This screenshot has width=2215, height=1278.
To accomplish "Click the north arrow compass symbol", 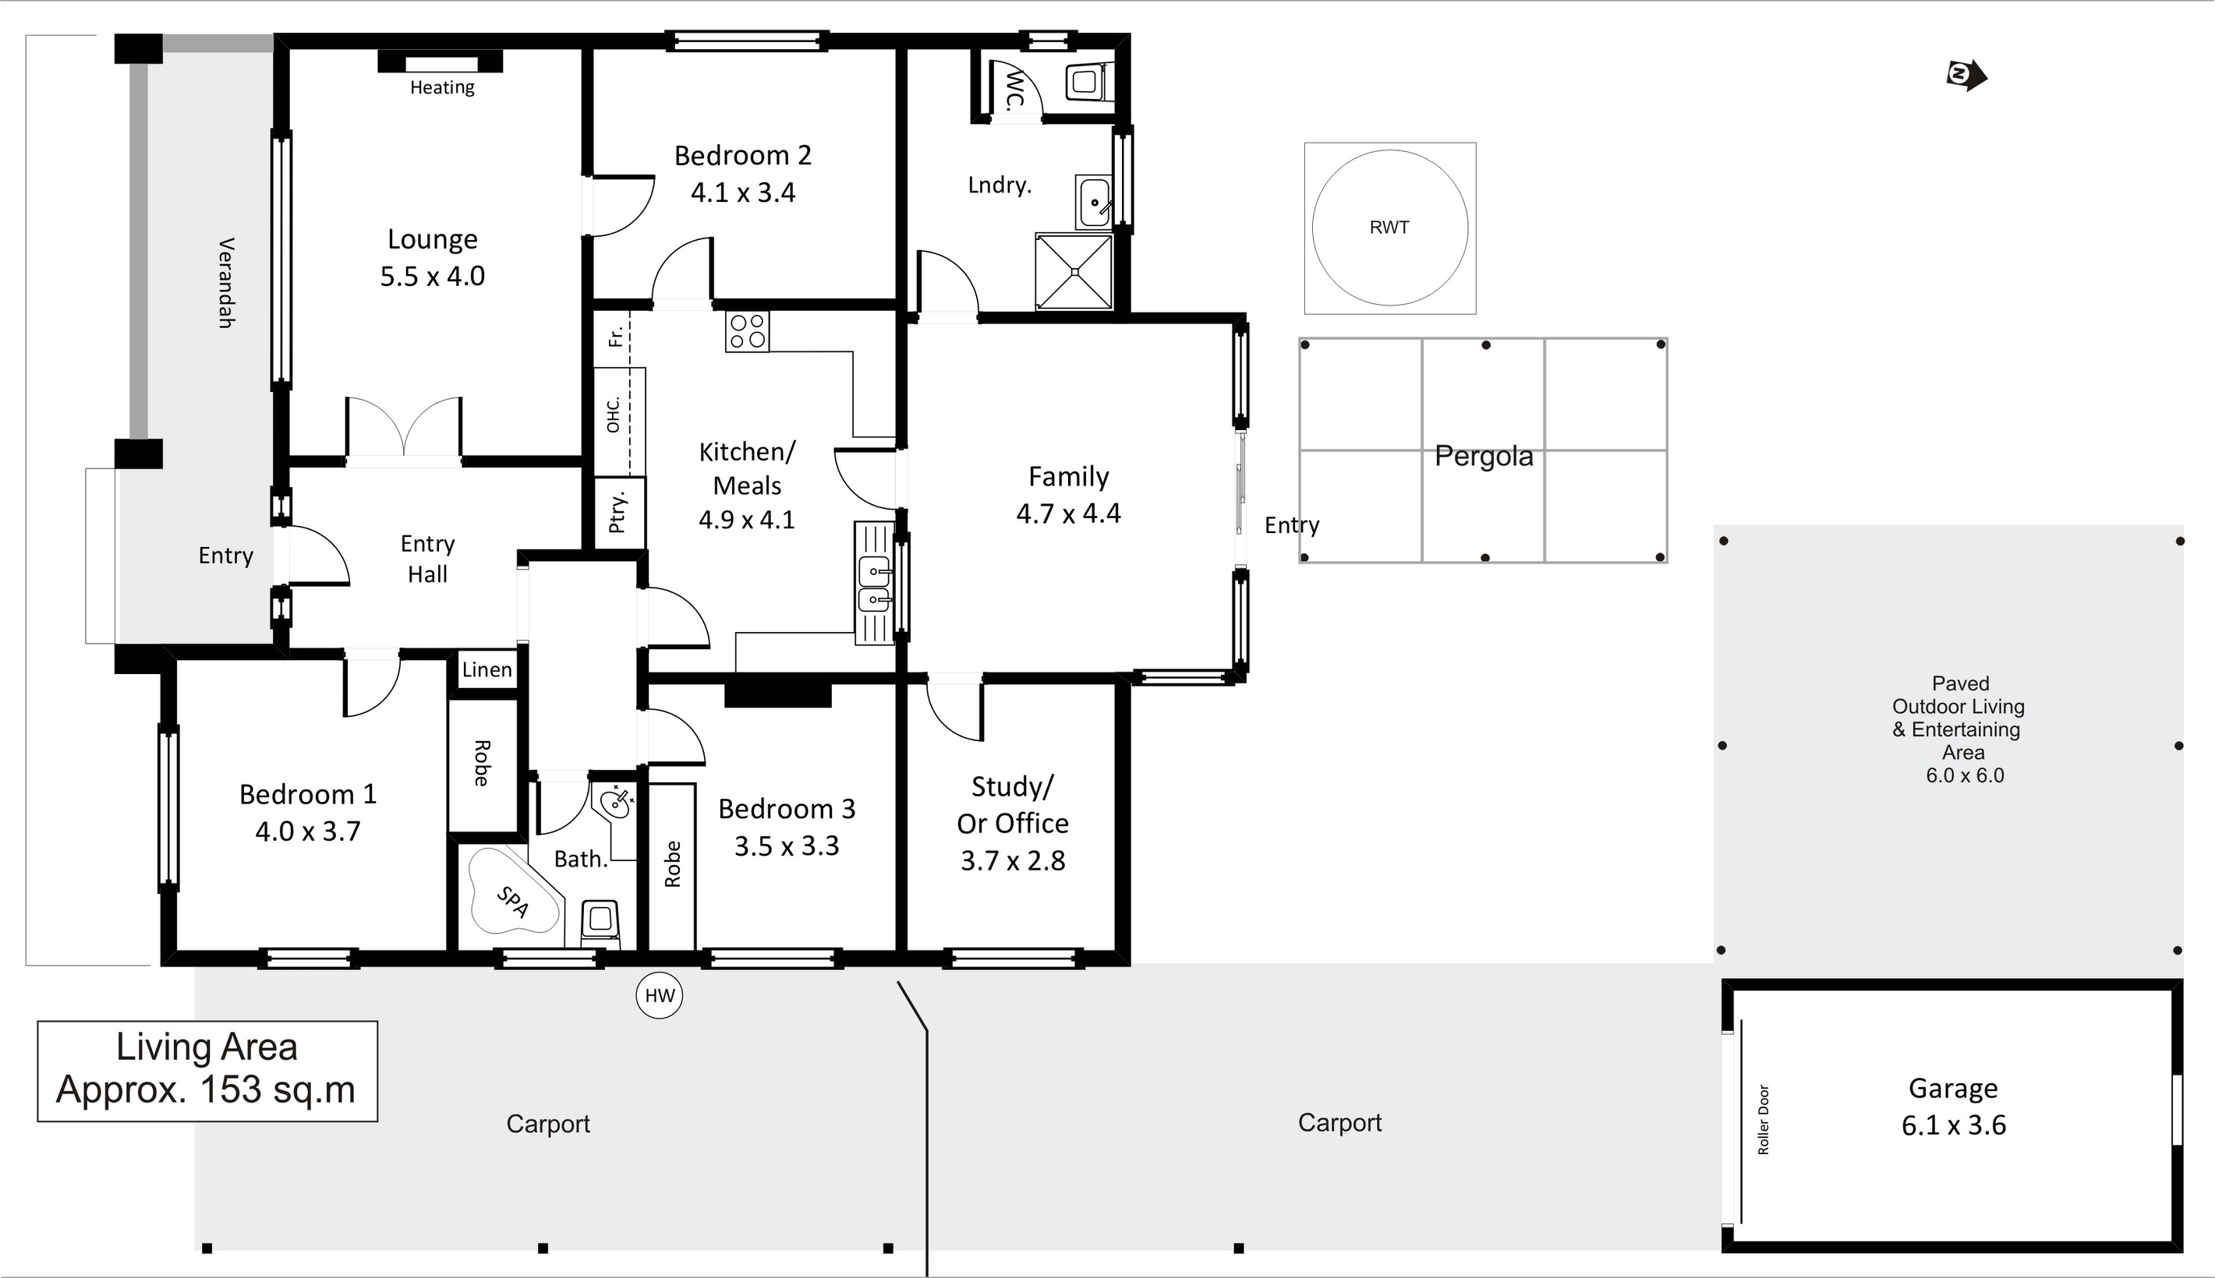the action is pos(1966,76).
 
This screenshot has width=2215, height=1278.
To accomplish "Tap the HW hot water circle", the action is pos(660,994).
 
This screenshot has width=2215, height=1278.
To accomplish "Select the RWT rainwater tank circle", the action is pos(1390,228).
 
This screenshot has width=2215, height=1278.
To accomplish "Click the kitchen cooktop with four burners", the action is pos(747,331).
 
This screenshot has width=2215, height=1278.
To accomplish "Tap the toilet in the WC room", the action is pos(1089,83).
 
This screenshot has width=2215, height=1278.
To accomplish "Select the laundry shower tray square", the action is pos(1074,271).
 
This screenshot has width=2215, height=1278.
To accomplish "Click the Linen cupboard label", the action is pos(487,669).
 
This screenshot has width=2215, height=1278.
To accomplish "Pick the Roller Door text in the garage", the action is pos(1764,1119).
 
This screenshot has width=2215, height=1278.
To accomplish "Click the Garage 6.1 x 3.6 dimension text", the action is pos(1953,1124).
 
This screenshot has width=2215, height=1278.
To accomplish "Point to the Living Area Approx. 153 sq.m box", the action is pos(207,1071).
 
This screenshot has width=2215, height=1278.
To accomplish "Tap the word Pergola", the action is pos(1484,457).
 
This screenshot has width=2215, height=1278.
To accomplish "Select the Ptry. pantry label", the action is pos(617,513).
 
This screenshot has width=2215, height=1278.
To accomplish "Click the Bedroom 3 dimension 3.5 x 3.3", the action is pos(787,846).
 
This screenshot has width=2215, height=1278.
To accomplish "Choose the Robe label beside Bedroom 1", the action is pos(481,763).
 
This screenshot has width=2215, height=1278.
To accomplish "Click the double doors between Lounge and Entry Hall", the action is pos(404,429).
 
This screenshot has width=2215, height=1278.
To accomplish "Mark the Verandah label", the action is pos(225,283).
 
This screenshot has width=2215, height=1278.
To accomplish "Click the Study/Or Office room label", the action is pos(1013,805).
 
